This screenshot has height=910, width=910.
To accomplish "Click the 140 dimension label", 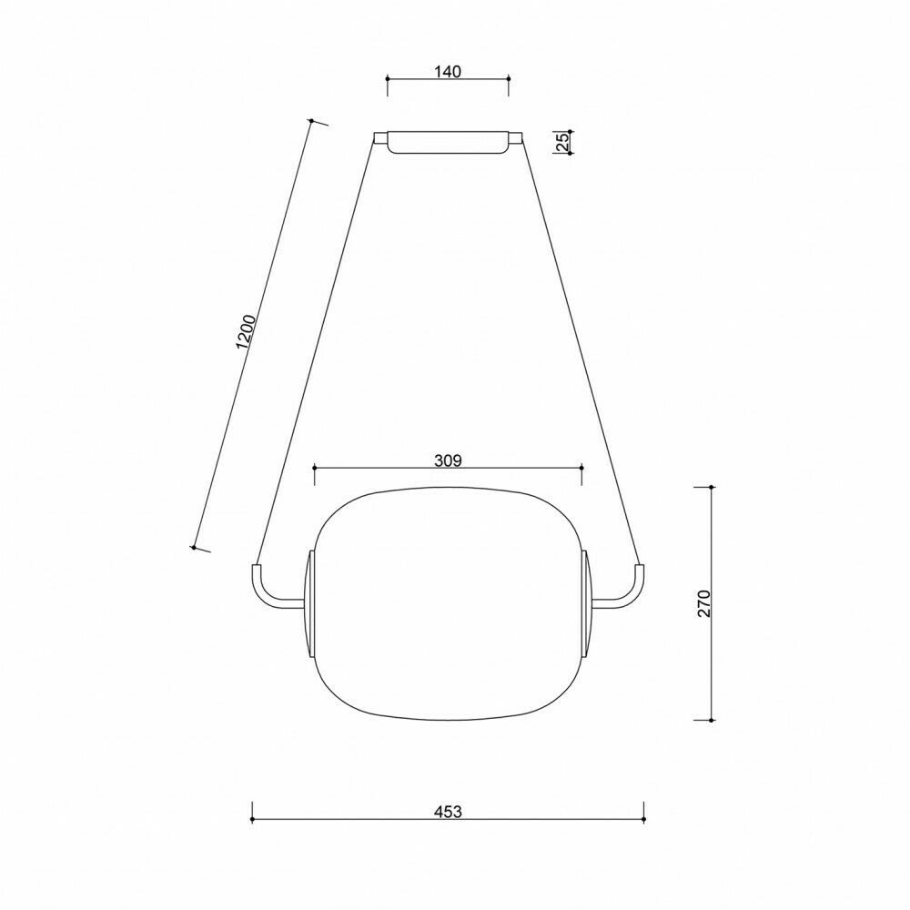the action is click(448, 71).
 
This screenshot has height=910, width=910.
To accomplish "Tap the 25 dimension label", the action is click(562, 142).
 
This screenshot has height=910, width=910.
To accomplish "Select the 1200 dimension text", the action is click(246, 332).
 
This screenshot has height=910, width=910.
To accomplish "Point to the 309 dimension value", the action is click(448, 460).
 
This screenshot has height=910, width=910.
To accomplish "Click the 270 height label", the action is click(704, 603).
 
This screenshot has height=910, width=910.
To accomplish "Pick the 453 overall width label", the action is click(448, 812).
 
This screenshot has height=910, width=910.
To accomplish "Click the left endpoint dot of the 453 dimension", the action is click(252, 820).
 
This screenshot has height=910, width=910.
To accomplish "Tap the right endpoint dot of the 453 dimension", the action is click(643, 820).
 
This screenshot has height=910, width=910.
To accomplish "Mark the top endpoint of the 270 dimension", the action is click(713, 488).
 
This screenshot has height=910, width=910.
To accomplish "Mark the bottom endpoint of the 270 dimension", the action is click(713, 720).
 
